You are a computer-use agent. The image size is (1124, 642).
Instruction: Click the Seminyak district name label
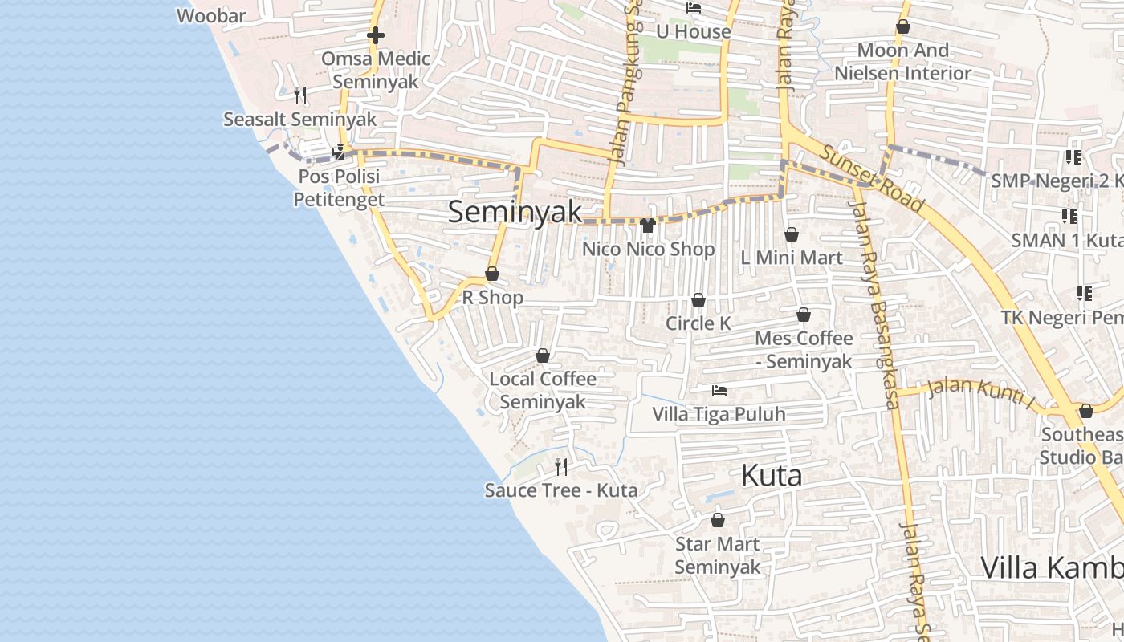pos(515,212)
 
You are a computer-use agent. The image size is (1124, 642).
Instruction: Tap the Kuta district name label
pos(771,475)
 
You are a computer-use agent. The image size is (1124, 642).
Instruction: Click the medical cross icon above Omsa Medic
pos(375,35)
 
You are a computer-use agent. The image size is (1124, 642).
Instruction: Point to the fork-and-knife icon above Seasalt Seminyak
pos(299,95)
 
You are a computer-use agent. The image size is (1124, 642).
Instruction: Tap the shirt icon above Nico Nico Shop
pos(648,226)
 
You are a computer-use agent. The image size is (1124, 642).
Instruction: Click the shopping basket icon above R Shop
pos(492,274)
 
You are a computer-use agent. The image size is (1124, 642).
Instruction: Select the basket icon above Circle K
pos(698,300)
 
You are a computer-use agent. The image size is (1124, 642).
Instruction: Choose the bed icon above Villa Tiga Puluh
pos(719,391)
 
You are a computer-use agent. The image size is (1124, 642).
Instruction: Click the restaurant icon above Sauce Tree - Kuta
pos(561,466)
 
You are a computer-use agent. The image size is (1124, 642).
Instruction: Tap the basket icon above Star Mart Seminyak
pos(717,520)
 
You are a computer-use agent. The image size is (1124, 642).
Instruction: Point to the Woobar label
pos(211,15)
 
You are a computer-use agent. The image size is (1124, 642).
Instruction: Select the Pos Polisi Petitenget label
pos(339,188)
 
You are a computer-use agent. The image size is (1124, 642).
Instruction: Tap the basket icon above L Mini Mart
pos(791,234)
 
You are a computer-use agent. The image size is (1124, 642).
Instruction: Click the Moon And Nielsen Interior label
pos(902,62)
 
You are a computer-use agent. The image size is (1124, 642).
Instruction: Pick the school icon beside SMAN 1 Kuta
pos(1069,216)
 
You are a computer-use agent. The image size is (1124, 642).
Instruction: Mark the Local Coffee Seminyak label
pos(543,390)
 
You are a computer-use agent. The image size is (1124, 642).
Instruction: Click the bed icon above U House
pos(694,8)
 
